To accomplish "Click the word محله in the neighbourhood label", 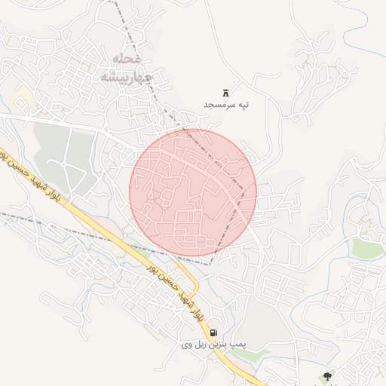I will point(126,60).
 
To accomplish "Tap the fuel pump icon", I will point(213,332).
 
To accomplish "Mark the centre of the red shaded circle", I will point(193,193).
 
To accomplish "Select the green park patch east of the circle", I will point(366,248).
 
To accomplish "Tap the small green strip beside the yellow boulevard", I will point(136,247).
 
